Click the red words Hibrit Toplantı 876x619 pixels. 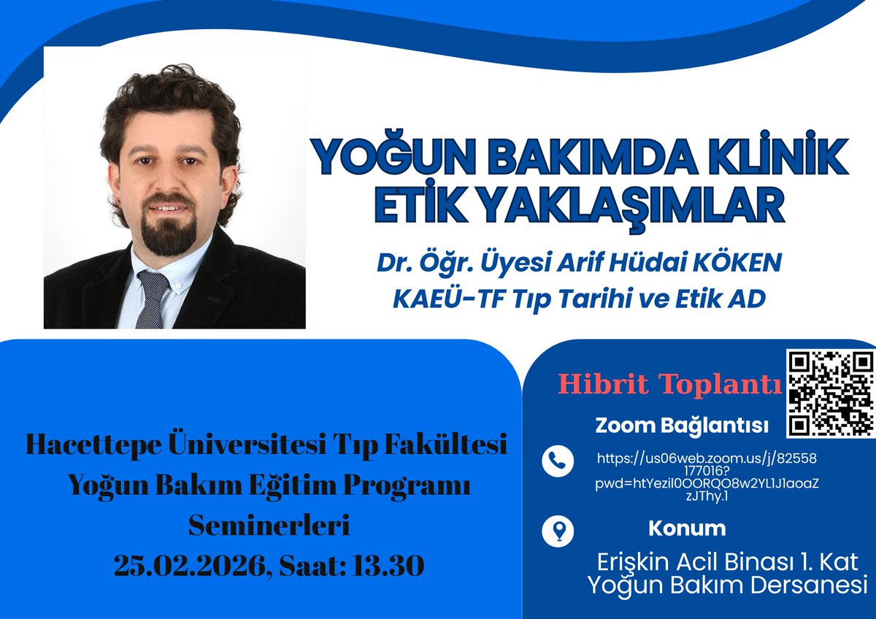[669, 384]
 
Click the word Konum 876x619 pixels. [686, 528]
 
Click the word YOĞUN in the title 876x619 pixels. [377, 157]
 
